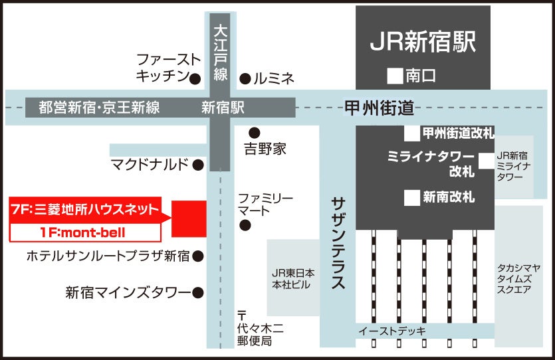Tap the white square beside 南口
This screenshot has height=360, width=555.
[396, 76]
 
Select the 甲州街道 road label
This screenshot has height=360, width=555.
[379, 107]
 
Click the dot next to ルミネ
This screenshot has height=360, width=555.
[245, 79]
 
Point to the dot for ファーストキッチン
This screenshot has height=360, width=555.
[195, 79]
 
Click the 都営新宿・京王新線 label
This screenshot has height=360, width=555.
[99, 108]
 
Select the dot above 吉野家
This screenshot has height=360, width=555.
[254, 132]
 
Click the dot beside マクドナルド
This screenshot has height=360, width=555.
[197, 165]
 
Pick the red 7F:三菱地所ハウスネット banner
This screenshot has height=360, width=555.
[86, 210]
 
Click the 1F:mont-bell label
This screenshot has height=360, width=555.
[86, 232]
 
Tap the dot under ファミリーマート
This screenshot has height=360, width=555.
[245, 226]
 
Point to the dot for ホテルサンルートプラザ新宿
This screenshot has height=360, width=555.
[197, 255]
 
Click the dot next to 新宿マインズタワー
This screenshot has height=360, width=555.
[197, 292]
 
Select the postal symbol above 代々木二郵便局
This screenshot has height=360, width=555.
[242, 314]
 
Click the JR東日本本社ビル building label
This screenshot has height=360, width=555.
[293, 278]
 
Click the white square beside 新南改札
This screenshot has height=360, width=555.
[412, 197]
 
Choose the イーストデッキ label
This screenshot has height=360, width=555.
[392, 331]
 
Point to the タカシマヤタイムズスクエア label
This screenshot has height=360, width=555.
[519, 278]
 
